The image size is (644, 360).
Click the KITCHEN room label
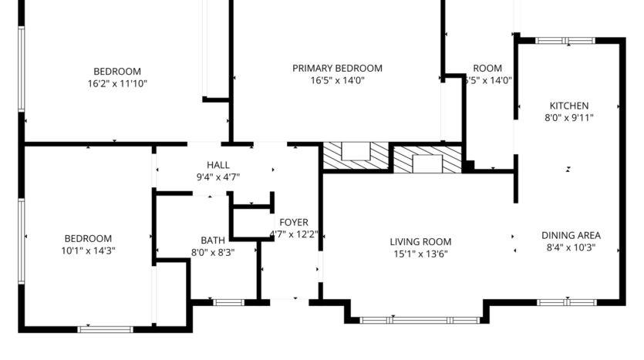(568, 106)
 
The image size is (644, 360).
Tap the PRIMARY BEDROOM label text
(337, 68)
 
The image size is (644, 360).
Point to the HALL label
(217, 165)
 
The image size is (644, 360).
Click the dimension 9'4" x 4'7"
(217, 177)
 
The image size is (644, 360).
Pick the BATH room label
(212, 240)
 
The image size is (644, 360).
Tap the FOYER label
(293, 222)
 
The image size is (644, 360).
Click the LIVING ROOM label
(420, 241)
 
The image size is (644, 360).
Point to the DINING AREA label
(571, 236)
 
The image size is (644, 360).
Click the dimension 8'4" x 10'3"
(571, 248)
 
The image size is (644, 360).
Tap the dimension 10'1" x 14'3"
(88, 251)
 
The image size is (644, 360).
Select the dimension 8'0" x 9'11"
(568, 118)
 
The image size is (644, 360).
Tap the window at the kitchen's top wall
(565, 40)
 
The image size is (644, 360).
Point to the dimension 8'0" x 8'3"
(212, 251)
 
